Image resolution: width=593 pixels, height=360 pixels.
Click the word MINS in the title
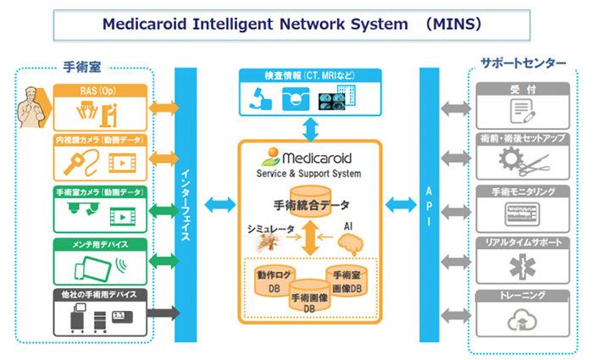(x=453, y=25)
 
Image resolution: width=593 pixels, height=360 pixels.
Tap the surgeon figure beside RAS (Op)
(x=32, y=107)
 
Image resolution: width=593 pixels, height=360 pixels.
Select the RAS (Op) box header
(x=100, y=91)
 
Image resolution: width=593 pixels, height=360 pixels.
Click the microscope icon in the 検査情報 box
(x=260, y=98)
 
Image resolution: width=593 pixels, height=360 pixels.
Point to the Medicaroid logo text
(x=317, y=158)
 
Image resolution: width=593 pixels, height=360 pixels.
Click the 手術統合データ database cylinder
(x=311, y=202)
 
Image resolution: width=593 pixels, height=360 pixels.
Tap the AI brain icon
(x=350, y=243)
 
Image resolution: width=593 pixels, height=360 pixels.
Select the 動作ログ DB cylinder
(x=274, y=280)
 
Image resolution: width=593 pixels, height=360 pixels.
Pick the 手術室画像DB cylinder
(x=346, y=281)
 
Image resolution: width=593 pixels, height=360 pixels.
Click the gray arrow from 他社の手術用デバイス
(x=163, y=313)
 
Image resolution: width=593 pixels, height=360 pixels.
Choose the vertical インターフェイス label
(x=186, y=205)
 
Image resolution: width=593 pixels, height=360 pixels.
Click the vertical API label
(x=429, y=206)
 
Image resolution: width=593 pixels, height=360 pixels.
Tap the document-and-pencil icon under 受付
(x=523, y=111)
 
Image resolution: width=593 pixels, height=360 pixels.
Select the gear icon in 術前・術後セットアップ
(x=511, y=158)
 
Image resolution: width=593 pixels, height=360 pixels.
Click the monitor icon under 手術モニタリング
(x=523, y=214)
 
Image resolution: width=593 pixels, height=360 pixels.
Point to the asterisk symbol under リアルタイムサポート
(x=523, y=266)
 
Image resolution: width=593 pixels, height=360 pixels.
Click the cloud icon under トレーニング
(x=523, y=320)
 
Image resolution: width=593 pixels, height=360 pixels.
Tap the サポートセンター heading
(x=524, y=63)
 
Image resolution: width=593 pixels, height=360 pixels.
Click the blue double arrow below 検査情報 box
(x=311, y=130)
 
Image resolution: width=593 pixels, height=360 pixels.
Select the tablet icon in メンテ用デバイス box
(x=93, y=269)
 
